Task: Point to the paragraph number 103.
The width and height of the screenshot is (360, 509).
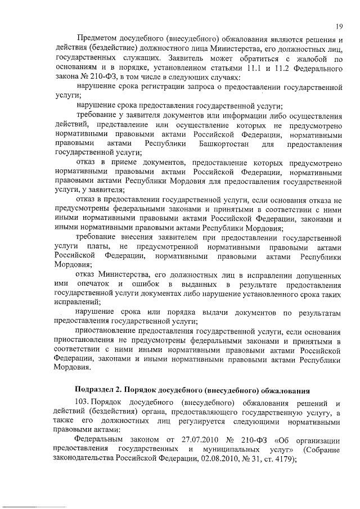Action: (82, 402)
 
